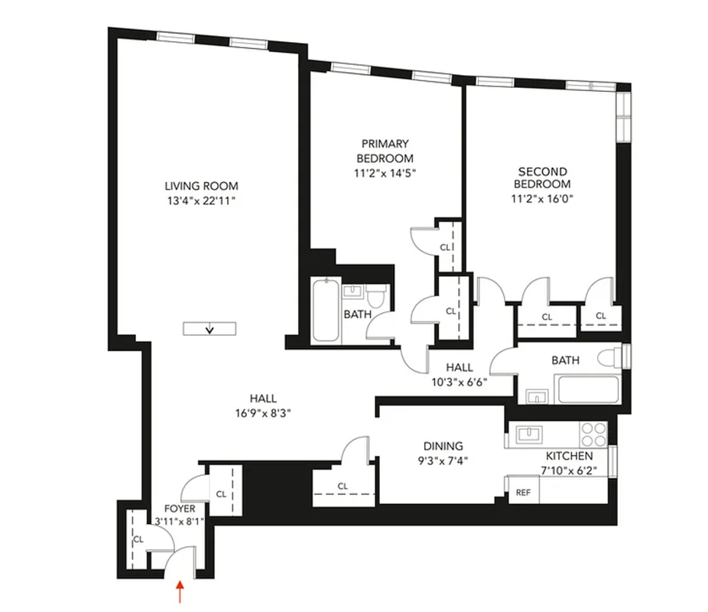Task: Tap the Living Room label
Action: [x=201, y=186]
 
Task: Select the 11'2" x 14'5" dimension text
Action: [x=385, y=172]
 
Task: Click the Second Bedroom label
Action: [x=541, y=177]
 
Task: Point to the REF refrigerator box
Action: [x=523, y=493]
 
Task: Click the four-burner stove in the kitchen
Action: [x=593, y=434]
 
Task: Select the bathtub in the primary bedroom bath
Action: [x=325, y=313]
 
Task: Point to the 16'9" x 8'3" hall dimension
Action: [x=262, y=412]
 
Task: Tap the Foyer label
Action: [x=180, y=508]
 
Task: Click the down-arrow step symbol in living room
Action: [x=211, y=329]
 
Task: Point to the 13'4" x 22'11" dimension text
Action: [x=201, y=200]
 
